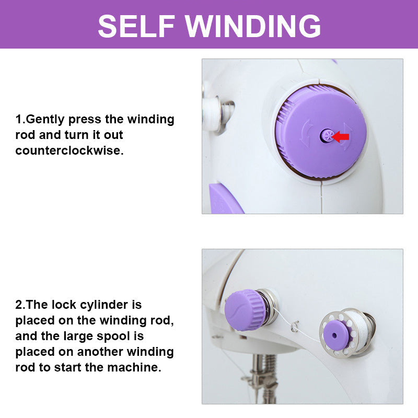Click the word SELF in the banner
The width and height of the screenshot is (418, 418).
pyautogui.click(x=136, y=26)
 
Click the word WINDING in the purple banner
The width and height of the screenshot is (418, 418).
pyautogui.click(x=253, y=26)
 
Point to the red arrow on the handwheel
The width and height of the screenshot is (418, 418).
pyautogui.click(x=341, y=137)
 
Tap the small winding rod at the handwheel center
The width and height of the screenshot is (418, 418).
pyautogui.click(x=327, y=136)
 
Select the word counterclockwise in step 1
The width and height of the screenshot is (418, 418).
pyautogui.click(x=69, y=150)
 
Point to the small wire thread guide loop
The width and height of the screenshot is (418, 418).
pyautogui.click(x=295, y=327)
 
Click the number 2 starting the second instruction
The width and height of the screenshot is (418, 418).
pyautogui.click(x=19, y=305)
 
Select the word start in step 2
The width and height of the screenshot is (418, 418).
pyautogui.click(x=68, y=367)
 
